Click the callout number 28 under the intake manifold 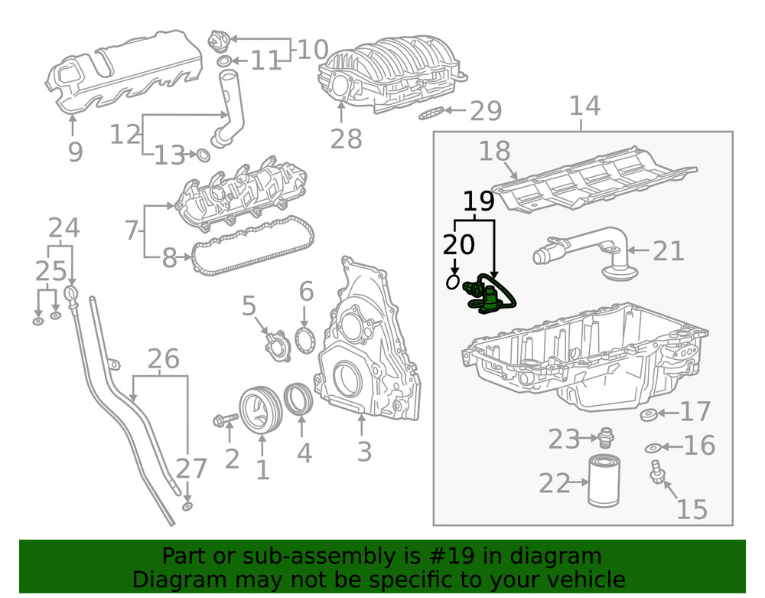345,139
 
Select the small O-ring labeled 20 453,283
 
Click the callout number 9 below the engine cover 75,152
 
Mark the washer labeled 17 648,415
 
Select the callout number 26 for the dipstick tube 163,358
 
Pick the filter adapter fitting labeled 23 607,436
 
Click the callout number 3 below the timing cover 364,451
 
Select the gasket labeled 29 432,114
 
